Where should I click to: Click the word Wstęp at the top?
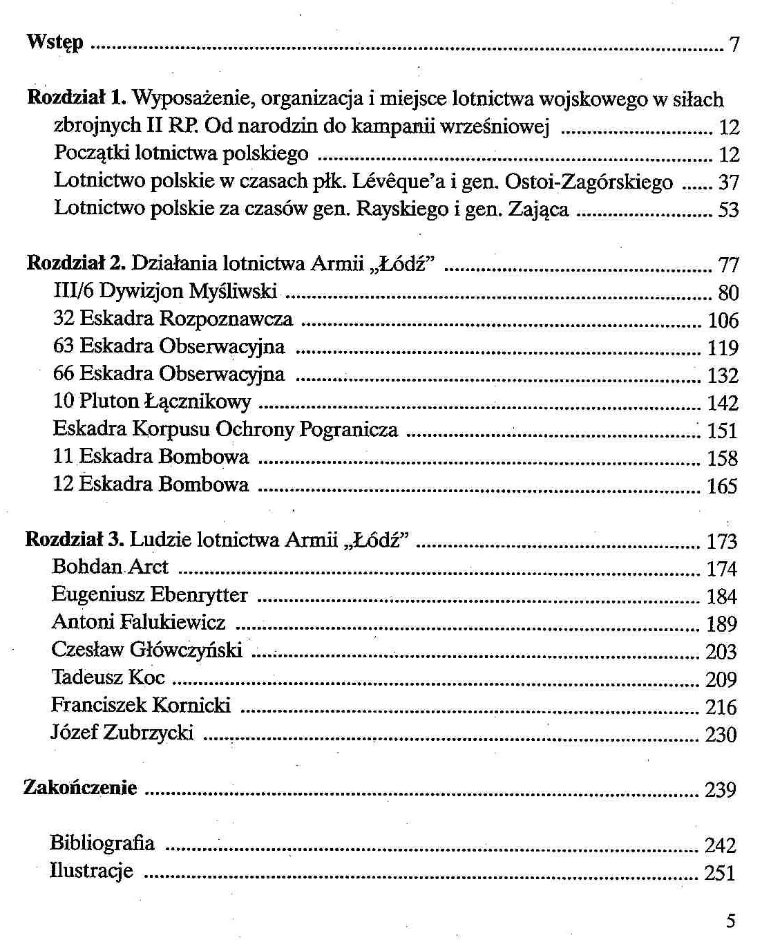(x=55, y=43)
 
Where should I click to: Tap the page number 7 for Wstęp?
(x=734, y=46)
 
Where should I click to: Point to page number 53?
(x=728, y=210)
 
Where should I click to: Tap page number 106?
(x=723, y=321)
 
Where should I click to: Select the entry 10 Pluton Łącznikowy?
(x=152, y=402)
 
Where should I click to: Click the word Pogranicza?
(x=348, y=429)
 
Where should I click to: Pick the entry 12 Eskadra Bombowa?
(x=151, y=485)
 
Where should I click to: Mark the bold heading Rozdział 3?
(x=75, y=539)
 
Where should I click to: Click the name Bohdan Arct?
(x=110, y=567)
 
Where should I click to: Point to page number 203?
(x=721, y=652)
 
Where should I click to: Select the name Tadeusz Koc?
(x=108, y=677)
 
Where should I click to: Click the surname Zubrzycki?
(x=148, y=733)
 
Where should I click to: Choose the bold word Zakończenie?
(x=80, y=788)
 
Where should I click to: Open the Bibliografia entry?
(x=102, y=843)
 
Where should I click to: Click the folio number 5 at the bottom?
(x=731, y=921)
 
